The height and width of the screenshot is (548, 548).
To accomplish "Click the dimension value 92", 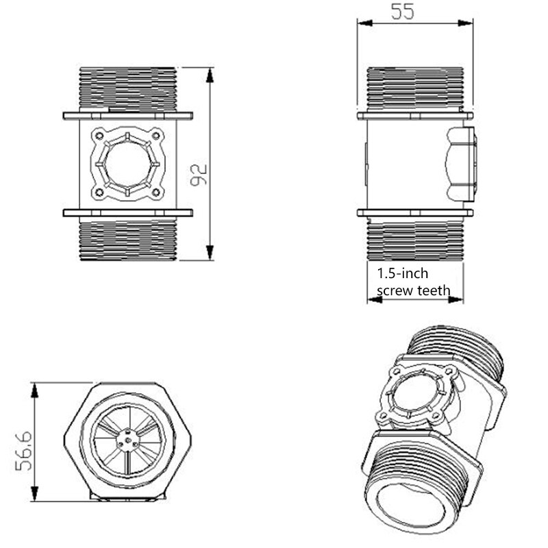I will point(199,174).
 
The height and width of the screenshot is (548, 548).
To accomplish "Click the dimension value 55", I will point(402,12).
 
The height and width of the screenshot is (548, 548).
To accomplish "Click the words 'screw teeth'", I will point(414,290).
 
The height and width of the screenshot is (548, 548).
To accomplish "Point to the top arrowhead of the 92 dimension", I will point(210,73).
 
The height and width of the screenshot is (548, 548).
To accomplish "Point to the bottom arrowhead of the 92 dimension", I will point(210,254).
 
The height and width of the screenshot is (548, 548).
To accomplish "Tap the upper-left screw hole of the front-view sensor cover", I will point(99,135).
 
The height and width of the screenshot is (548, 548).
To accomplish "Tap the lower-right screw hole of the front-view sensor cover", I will point(156,193).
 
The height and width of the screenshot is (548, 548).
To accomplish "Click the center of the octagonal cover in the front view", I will point(128,164).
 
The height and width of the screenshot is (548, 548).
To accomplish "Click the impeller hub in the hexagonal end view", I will point(128,442).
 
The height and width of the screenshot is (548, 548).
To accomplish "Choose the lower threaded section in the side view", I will point(415,240).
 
